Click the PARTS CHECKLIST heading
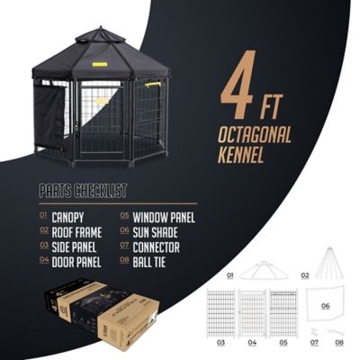tap(83, 192)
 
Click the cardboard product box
tap(103, 315)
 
